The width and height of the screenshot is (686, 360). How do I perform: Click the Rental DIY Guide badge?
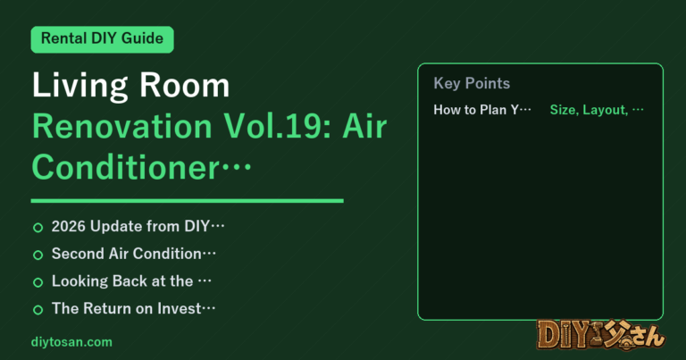pyautogui.click(x=102, y=39)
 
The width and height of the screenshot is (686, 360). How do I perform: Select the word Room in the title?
pyautogui.click(x=185, y=85)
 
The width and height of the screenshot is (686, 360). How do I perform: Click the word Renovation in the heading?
pyautogui.click(x=122, y=127)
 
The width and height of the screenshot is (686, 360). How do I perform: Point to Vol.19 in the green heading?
pyautogui.click(x=278, y=127)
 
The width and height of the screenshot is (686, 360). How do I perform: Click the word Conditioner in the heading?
pyautogui.click(x=126, y=168)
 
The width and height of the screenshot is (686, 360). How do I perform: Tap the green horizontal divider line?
pyautogui.click(x=188, y=201)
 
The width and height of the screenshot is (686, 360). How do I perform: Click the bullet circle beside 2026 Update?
pyautogui.click(x=38, y=228)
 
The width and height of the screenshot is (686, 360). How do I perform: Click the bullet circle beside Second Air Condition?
pyautogui.click(x=38, y=255)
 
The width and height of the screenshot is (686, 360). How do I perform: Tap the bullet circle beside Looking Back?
pyautogui.click(x=38, y=282)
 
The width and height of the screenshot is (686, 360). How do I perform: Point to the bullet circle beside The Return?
pyautogui.click(x=38, y=310)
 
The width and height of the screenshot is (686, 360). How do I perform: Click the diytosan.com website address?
pyautogui.click(x=71, y=342)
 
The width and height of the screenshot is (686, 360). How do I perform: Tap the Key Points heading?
pyautogui.click(x=472, y=83)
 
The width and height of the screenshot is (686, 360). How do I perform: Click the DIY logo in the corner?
pyautogui.click(x=600, y=336)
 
